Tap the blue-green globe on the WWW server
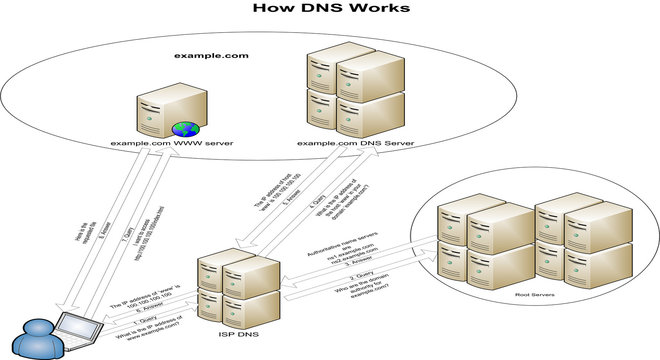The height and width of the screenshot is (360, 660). pos(184,129)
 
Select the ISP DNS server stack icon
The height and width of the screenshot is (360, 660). pos(235,287)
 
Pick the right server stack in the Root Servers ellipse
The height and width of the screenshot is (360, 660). pos(580,240)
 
